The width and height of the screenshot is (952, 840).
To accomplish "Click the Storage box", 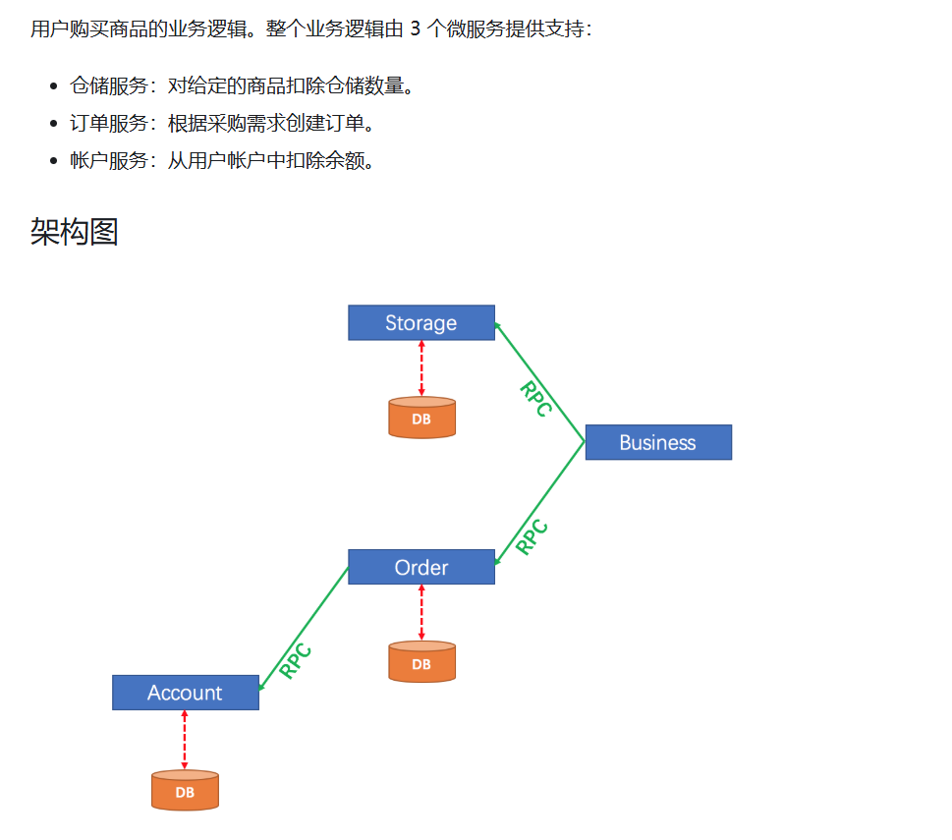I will pyautogui.click(x=420, y=323).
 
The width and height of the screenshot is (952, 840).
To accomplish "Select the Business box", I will pyautogui.click(x=658, y=443).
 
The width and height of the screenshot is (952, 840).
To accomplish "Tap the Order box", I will pyautogui.click(x=420, y=568).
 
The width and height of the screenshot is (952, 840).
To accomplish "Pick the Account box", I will pyautogui.click(x=185, y=693).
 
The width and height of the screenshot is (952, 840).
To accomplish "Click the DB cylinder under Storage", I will pyautogui.click(x=421, y=418).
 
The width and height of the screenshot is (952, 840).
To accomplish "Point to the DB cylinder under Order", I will pyautogui.click(x=421, y=662).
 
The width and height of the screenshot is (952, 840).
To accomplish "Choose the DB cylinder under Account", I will pyautogui.click(x=185, y=790).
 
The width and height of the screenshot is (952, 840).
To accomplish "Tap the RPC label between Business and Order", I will pyautogui.click(x=532, y=537).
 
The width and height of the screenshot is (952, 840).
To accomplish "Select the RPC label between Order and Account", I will pyautogui.click(x=296, y=661).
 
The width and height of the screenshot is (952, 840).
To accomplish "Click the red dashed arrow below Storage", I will pyautogui.click(x=421, y=368).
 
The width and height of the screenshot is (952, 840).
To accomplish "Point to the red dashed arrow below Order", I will pyautogui.click(x=421, y=612).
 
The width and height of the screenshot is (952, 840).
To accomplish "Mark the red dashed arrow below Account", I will pyautogui.click(x=185, y=739).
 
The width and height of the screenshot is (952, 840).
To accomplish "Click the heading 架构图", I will pyautogui.click(x=75, y=233).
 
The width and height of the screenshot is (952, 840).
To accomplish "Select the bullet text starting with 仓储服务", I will pyautogui.click(x=242, y=86).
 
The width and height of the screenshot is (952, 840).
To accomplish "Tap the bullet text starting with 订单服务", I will pyautogui.click(x=222, y=124).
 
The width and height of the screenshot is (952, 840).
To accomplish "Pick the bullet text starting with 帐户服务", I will pyautogui.click(x=222, y=161).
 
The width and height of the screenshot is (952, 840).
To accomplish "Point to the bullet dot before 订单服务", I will pyautogui.click(x=55, y=124).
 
